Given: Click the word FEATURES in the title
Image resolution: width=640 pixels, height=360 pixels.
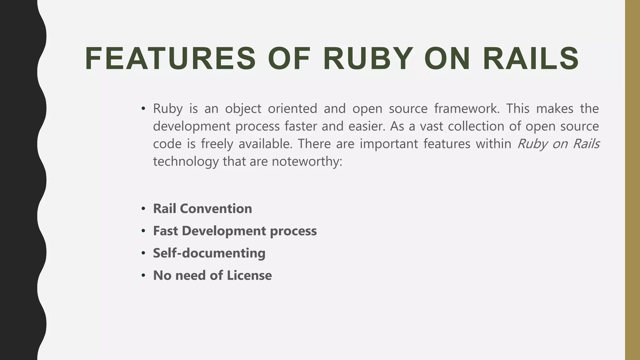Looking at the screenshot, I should click(x=170, y=59).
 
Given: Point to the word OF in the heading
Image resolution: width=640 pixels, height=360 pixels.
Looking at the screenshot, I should click(x=289, y=59).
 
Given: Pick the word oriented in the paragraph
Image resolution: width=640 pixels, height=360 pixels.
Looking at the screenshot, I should click(x=292, y=108).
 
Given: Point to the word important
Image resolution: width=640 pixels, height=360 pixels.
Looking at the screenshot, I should click(x=389, y=144).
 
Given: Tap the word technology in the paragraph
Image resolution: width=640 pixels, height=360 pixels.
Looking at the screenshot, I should click(x=186, y=162).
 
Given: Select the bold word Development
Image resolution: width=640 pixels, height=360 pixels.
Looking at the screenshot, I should click(x=224, y=231).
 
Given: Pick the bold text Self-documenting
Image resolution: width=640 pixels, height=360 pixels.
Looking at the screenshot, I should click(x=209, y=253).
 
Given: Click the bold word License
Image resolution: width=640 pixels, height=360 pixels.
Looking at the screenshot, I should click(x=249, y=275).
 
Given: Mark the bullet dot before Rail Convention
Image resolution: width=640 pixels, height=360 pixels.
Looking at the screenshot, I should click(x=143, y=209).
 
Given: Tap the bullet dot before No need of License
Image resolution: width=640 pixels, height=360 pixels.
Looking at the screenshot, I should click(x=143, y=276).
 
